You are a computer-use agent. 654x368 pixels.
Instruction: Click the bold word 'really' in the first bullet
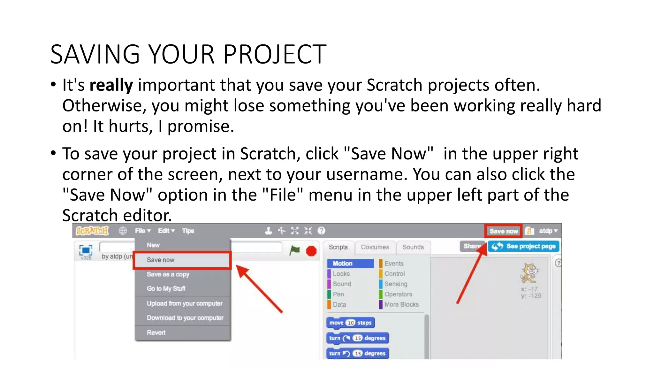click(x=111, y=85)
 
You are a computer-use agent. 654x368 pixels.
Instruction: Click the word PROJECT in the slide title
click(x=275, y=54)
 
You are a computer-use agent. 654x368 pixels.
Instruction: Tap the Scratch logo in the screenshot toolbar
click(x=92, y=231)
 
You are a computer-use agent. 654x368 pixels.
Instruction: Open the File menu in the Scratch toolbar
click(x=142, y=231)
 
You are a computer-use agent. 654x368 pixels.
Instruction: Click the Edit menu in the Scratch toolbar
click(x=166, y=231)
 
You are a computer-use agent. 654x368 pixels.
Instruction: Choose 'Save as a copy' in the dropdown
click(x=168, y=274)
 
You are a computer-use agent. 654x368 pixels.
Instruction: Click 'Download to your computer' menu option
click(x=185, y=318)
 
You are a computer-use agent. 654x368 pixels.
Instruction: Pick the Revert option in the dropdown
click(x=156, y=333)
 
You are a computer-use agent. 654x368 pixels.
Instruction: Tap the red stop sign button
click(x=311, y=251)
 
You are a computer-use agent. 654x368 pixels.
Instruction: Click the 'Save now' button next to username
click(x=503, y=231)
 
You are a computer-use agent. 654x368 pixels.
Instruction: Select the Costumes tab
click(x=375, y=247)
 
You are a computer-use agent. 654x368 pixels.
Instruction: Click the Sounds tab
click(x=413, y=247)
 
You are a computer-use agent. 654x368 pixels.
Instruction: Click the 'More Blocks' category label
click(x=401, y=304)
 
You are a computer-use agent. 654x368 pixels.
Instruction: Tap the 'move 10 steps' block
click(x=350, y=323)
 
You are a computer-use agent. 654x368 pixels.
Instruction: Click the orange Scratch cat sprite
click(x=529, y=273)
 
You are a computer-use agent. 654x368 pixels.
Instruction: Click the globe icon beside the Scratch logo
click(x=123, y=231)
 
